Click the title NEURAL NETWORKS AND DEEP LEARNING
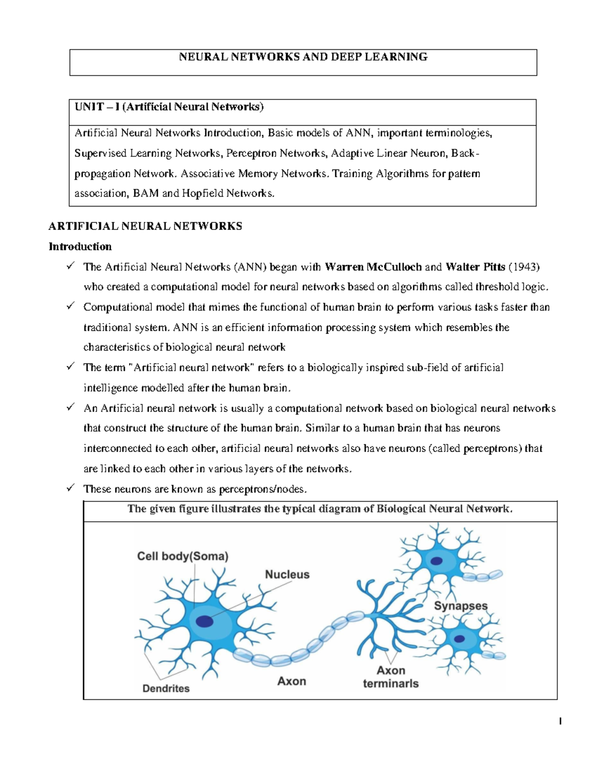coord(303,57)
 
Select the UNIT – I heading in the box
coord(169,107)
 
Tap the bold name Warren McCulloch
coord(373,267)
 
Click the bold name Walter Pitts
coord(475,267)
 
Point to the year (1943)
coord(524,267)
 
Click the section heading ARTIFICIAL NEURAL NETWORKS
coord(145,226)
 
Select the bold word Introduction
coord(80,246)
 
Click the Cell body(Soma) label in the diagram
coord(183,556)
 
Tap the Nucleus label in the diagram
coord(287,574)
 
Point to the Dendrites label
coord(166,688)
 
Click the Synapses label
coord(461,606)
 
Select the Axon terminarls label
coord(391,677)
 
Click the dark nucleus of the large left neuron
coord(204,621)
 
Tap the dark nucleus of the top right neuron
coord(436,561)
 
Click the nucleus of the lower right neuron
coord(459,639)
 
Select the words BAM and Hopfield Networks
coord(203,194)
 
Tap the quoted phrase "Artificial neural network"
coord(192,368)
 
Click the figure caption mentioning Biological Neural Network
coord(320,509)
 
